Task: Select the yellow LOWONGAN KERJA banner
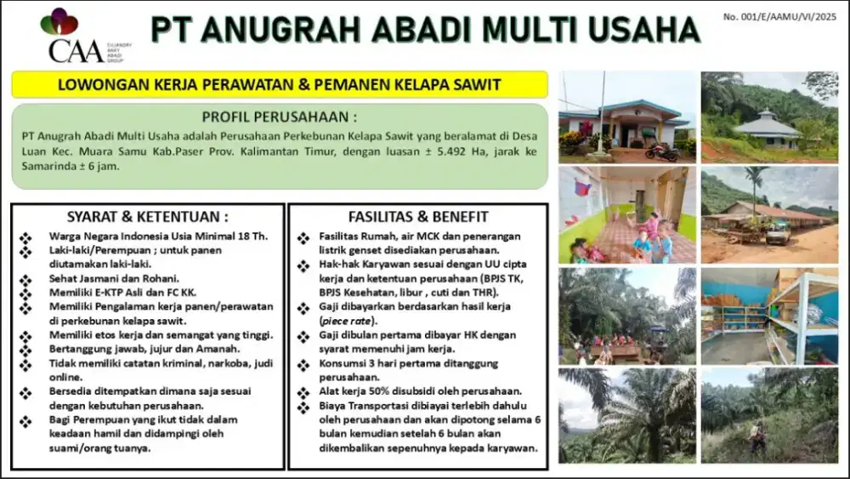coord(280,84)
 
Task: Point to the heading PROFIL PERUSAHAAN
coord(279,117)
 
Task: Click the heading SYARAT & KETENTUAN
coord(147,216)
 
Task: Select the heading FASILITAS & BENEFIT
coord(418,216)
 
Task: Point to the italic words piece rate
coord(347,321)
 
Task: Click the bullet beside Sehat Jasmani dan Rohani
coord(25,280)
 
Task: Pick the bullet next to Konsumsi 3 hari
coord(303,365)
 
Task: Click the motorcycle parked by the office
coord(662,151)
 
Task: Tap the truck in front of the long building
coord(778,232)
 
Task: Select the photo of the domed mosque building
coord(769,117)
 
